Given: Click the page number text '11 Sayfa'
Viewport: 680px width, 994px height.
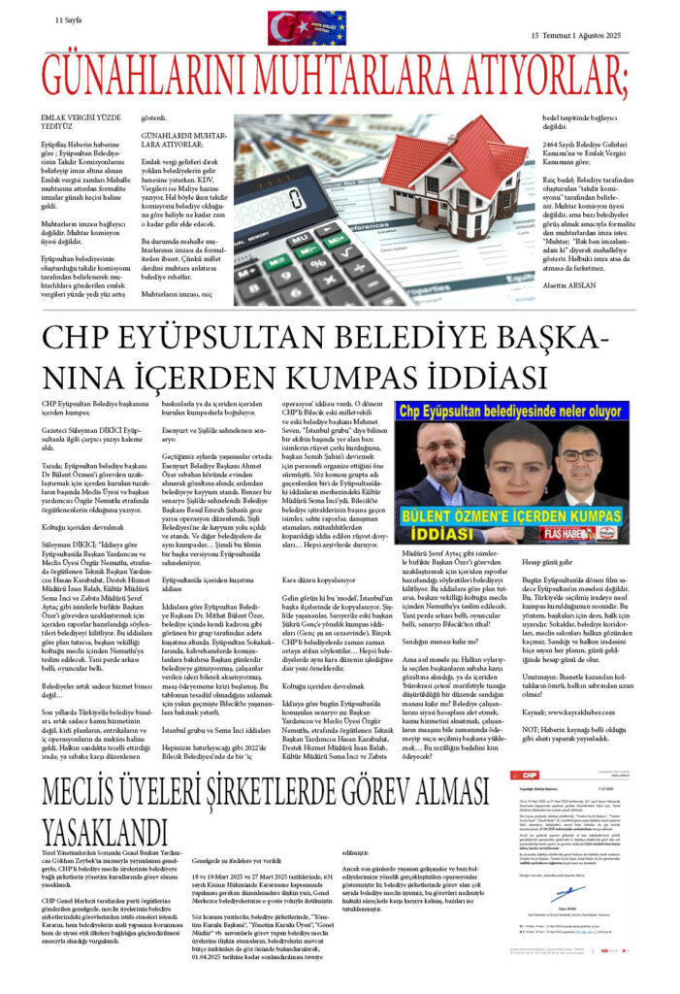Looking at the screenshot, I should [71, 19].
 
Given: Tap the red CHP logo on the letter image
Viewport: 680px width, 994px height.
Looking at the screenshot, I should [529, 774].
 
